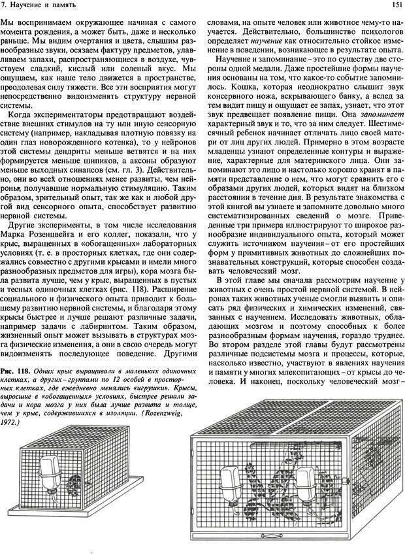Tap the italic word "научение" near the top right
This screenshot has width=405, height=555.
265,40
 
